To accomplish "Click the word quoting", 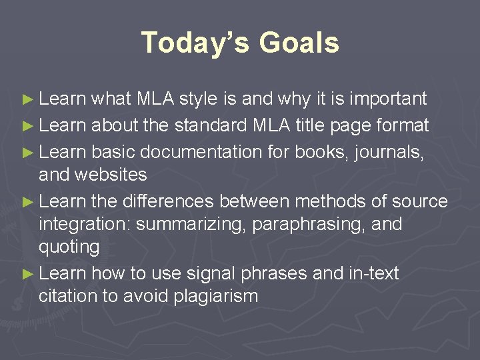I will pos(69,247).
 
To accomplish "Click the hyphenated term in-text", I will pos(373,274).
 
